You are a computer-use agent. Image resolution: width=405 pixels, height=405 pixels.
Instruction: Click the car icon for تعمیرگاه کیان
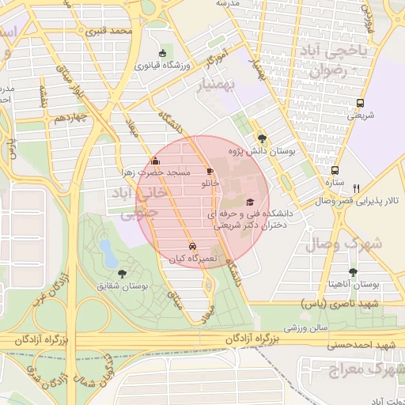192,245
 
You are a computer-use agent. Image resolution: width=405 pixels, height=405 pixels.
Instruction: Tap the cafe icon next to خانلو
209,171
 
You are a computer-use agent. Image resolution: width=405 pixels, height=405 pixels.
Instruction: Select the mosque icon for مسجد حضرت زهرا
155,163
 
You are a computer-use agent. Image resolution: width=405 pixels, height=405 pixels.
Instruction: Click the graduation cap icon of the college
250,202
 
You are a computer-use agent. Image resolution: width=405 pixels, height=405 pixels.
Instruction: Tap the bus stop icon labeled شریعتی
361,103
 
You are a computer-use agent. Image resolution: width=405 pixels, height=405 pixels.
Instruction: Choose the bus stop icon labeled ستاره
335,170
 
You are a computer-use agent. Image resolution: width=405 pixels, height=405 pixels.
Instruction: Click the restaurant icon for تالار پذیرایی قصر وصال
357,188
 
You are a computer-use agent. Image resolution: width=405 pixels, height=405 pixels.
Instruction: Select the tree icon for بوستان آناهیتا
353,271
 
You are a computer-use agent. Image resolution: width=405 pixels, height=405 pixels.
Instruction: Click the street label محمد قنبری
109,32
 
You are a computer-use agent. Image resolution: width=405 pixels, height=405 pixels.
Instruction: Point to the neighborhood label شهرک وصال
354,244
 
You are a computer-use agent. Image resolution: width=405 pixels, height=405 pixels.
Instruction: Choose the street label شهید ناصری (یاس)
340,303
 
